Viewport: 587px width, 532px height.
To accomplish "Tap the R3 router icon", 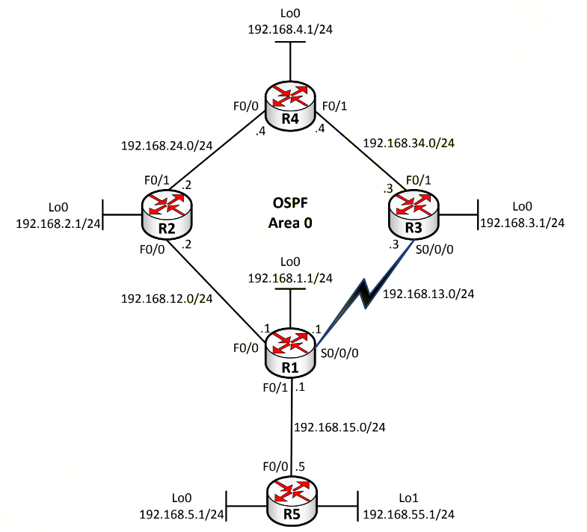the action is tap(414, 214).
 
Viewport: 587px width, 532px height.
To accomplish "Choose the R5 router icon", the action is tap(292, 501).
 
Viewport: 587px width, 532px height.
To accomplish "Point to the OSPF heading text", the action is tap(290, 203).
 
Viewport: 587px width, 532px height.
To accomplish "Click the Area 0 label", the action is tap(290, 223).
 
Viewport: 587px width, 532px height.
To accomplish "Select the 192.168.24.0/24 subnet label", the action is tap(167, 146).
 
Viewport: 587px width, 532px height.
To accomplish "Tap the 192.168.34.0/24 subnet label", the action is tap(409, 143).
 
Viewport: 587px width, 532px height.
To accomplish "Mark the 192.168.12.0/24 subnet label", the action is tap(167, 299).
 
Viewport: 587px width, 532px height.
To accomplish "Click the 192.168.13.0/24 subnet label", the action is tap(428, 294).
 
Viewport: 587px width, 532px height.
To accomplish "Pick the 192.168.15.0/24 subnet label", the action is tap(339, 427).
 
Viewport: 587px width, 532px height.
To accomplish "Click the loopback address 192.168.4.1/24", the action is tap(290, 29).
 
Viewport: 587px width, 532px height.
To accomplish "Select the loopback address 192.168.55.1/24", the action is tap(409, 514).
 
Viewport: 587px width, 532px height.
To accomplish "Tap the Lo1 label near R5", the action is tap(408, 498).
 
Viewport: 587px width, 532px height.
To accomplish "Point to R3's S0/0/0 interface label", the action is tap(434, 250).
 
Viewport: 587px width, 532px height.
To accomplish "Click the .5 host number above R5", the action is tap(300, 467).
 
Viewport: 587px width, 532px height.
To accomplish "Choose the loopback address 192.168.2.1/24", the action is tap(58, 223).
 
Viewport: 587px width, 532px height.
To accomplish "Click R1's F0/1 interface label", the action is tap(275, 388).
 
